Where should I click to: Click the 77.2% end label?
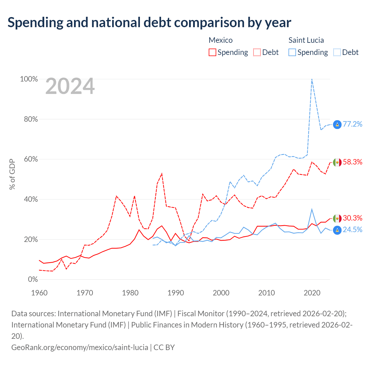(352, 124)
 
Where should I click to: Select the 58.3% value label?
(352, 162)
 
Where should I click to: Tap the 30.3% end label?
(352, 218)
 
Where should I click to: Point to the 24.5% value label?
(352, 230)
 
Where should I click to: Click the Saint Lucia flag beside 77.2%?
(337, 125)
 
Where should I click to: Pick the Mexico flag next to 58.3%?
(337, 162)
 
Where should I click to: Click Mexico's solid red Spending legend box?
(212, 52)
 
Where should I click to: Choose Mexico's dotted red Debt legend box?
(257, 52)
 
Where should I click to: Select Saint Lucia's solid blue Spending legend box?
(292, 52)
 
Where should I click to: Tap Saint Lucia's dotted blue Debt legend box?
(337, 52)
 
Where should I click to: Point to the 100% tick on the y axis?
(29, 79)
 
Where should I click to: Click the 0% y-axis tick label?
(33, 279)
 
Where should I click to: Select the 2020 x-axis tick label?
(312, 293)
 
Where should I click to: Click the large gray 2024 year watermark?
(70, 86)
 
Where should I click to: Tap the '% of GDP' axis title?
(12, 174)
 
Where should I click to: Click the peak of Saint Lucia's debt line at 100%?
(312, 79)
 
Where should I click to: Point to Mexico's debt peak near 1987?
(162, 174)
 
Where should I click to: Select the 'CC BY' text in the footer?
(164, 347)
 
